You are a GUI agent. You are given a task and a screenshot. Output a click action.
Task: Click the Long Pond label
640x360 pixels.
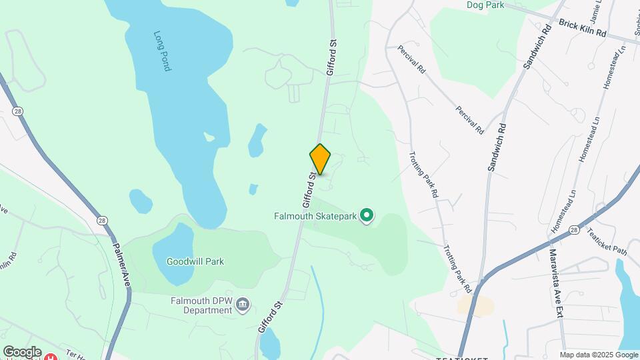click(x=162, y=51)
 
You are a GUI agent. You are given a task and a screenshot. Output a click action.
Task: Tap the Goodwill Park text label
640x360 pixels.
click(x=195, y=262)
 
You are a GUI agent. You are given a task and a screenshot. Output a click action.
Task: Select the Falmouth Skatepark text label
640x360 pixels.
click(x=315, y=215)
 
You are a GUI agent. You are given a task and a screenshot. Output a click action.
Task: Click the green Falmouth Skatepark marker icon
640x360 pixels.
click(x=366, y=215)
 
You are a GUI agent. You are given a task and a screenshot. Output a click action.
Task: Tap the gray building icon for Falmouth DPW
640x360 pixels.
click(x=243, y=305)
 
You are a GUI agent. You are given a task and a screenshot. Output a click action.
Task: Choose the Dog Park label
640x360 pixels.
click(x=485, y=5)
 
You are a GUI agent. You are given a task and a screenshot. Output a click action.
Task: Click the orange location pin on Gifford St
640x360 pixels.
click(x=321, y=159)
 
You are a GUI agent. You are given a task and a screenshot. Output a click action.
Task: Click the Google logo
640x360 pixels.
click(x=22, y=352)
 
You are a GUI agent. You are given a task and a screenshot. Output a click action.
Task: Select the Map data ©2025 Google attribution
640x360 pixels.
click(x=599, y=355)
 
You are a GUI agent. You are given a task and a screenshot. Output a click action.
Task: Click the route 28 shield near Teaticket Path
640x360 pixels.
click(x=574, y=229)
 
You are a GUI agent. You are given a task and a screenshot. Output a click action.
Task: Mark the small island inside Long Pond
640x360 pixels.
click(x=209, y=137)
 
